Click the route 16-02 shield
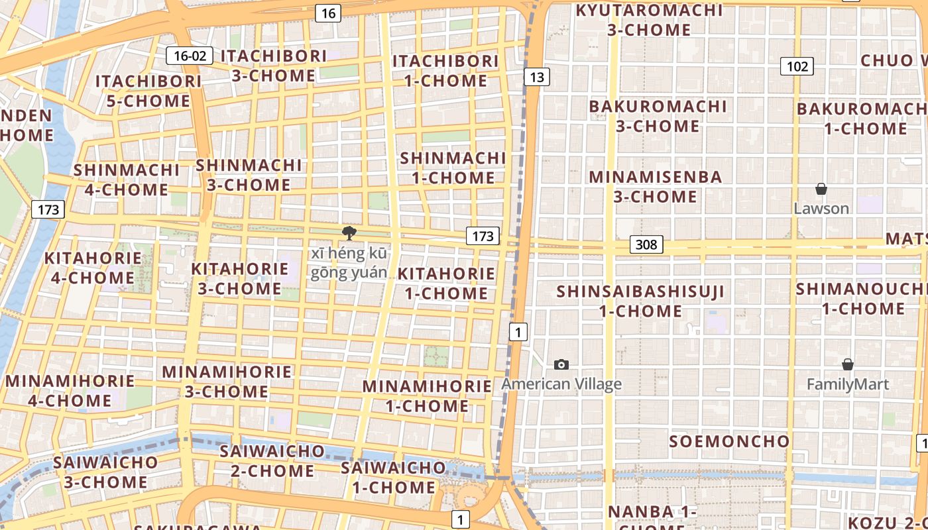tap(190, 56)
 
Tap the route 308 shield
tap(646, 244)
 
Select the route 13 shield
tap(536, 77)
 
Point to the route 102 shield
tap(797, 66)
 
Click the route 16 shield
tap(328, 13)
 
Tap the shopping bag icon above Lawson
tap(821, 189)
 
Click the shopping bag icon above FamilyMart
tap(847, 364)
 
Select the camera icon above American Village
tap(561, 364)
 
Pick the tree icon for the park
tap(349, 233)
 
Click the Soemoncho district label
tap(729, 441)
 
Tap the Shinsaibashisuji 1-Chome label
tap(640, 301)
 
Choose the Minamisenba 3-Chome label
tap(655, 187)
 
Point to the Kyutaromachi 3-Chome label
tap(649, 20)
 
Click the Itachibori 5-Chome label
tap(148, 91)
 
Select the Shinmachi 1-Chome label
tap(453, 168)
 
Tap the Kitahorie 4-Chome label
tap(93, 268)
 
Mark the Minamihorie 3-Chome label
tap(227, 382)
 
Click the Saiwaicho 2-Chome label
tap(272, 461)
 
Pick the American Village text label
tap(561, 384)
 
